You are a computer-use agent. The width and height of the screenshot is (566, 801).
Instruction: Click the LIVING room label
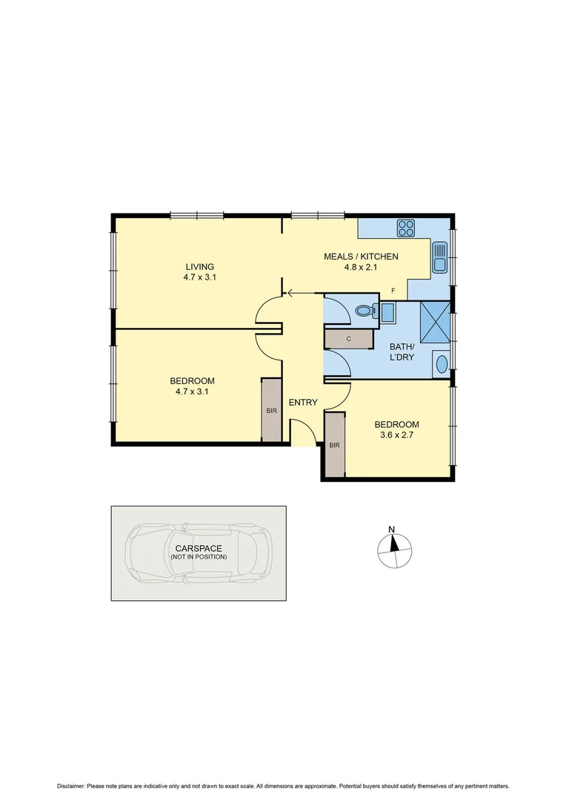point(199,266)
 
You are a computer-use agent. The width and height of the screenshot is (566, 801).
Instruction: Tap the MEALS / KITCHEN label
point(362,257)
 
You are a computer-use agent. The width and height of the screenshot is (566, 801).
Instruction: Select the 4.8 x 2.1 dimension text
point(362,268)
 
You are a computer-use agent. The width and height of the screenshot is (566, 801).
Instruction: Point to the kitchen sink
point(439,257)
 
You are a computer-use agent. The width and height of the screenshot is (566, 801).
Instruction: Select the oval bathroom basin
point(442,364)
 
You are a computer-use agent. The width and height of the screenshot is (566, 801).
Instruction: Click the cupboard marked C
point(348,339)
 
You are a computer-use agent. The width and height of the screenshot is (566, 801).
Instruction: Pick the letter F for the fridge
point(393,290)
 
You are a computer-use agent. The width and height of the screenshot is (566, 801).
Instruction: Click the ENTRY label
point(303,403)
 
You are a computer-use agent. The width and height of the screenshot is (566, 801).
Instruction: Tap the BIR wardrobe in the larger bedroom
point(270,410)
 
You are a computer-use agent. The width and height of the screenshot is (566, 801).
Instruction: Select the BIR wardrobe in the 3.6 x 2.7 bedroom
point(334,445)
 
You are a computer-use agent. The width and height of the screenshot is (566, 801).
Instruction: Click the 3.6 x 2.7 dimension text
point(396,436)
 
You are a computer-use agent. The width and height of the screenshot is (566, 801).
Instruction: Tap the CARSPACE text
point(198,548)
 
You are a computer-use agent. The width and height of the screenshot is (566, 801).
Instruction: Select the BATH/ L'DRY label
point(402,351)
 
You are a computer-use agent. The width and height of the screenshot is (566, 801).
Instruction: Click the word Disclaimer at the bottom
point(70,785)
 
